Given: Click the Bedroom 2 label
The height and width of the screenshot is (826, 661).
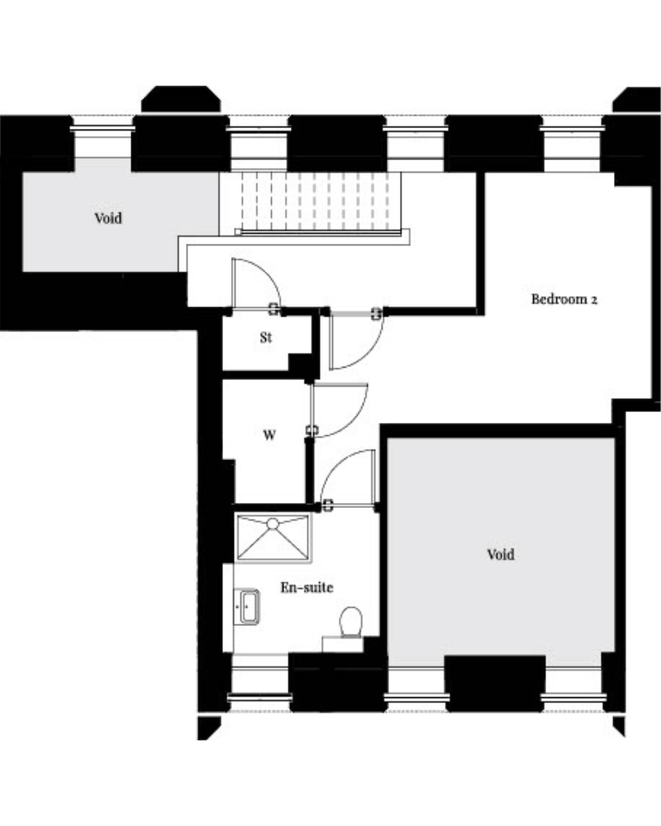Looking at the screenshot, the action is pyautogui.click(x=564, y=299).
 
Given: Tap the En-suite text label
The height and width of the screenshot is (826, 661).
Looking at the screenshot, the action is pyautogui.click(x=307, y=586).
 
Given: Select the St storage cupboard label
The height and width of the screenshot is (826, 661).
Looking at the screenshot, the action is pyautogui.click(x=266, y=337).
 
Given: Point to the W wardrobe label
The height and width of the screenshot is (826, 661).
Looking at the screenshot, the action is pyautogui.click(x=269, y=435).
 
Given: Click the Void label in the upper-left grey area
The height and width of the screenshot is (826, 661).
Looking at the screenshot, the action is pyautogui.click(x=108, y=217).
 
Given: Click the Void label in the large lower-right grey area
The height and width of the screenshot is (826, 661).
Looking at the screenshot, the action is pyautogui.click(x=501, y=554).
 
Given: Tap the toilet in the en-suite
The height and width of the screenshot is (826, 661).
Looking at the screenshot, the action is pyautogui.click(x=351, y=622).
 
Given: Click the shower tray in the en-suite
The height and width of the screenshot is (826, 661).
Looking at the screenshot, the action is pyautogui.click(x=273, y=538).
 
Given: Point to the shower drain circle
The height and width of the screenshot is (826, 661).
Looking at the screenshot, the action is pyautogui.click(x=273, y=524).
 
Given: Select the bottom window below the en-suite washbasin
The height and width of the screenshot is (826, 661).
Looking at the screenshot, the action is pyautogui.click(x=260, y=683).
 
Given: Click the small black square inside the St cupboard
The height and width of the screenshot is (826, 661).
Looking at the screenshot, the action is pyautogui.click(x=300, y=363).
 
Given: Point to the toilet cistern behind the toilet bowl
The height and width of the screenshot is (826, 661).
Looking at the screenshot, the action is pyautogui.click(x=343, y=643).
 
